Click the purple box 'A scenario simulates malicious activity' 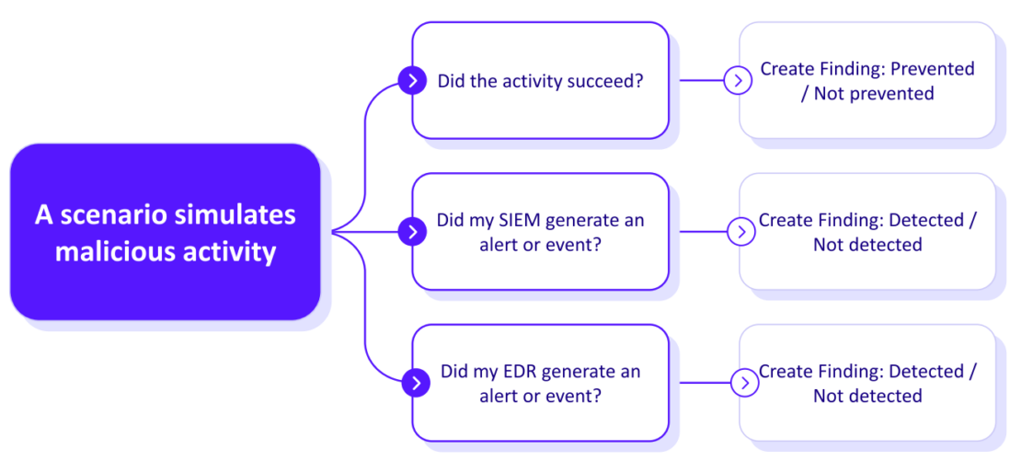(x=166, y=232)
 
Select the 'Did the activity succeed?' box (x=540, y=81)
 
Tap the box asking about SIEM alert (x=540, y=232)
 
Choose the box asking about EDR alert (x=540, y=383)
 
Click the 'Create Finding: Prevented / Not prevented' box (x=867, y=81)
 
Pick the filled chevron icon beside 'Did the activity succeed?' (x=412, y=81)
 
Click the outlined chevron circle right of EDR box (x=743, y=383)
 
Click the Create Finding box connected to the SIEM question (x=867, y=232)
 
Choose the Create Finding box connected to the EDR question (x=867, y=383)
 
